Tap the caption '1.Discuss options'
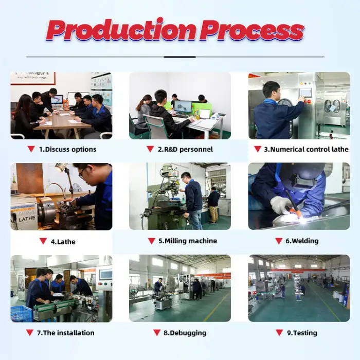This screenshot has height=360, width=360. click(67, 150)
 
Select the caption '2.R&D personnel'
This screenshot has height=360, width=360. click(185, 150)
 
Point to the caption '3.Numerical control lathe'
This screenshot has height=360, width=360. click(306, 150)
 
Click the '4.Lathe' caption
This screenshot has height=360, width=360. click(63, 242)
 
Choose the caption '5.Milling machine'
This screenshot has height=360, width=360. click(188, 241)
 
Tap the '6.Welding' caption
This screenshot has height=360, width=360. click(302, 241)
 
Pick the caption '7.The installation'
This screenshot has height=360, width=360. click(66, 333)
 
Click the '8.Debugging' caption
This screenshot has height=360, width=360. click(185, 333)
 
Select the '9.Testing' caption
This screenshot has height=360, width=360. click(302, 333)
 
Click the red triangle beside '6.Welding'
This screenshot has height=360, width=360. click(279, 241)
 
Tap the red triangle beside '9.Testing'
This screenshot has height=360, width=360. click(279, 333)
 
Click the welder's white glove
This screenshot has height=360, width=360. click(281, 205)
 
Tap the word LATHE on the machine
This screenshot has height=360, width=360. click(27, 219)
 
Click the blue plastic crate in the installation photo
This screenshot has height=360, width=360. click(21, 313)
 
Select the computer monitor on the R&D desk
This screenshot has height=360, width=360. click(183, 107)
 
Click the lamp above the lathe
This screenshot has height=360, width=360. click(61, 167)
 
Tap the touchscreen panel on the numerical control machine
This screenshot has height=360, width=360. click(306, 93)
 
